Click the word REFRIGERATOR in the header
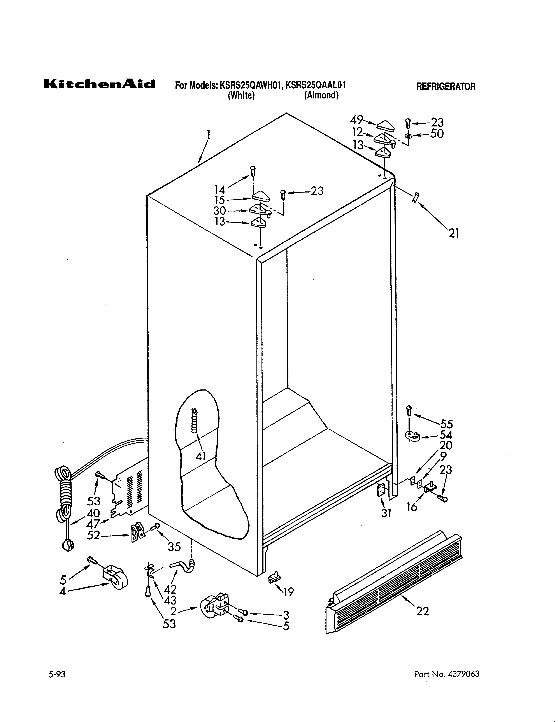tap(446, 87)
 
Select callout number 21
tap(454, 233)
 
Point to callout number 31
tap(386, 513)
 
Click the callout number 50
tap(437, 134)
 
